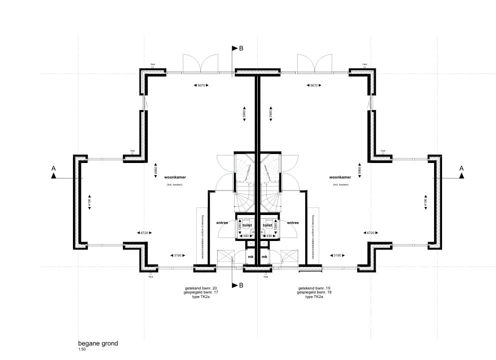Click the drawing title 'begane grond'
click(x=98, y=344)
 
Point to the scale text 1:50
click(x=82, y=350)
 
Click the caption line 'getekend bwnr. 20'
click(x=201, y=288)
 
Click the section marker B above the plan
click(x=241, y=48)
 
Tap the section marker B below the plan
click(x=241, y=285)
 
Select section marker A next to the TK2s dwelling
click(x=53, y=169)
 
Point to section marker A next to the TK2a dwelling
click(x=462, y=168)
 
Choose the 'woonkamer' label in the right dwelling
click(x=340, y=177)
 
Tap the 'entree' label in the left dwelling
click(x=222, y=223)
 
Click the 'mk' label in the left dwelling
click(x=251, y=257)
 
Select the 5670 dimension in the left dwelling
click(x=200, y=85)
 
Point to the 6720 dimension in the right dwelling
click(x=371, y=232)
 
